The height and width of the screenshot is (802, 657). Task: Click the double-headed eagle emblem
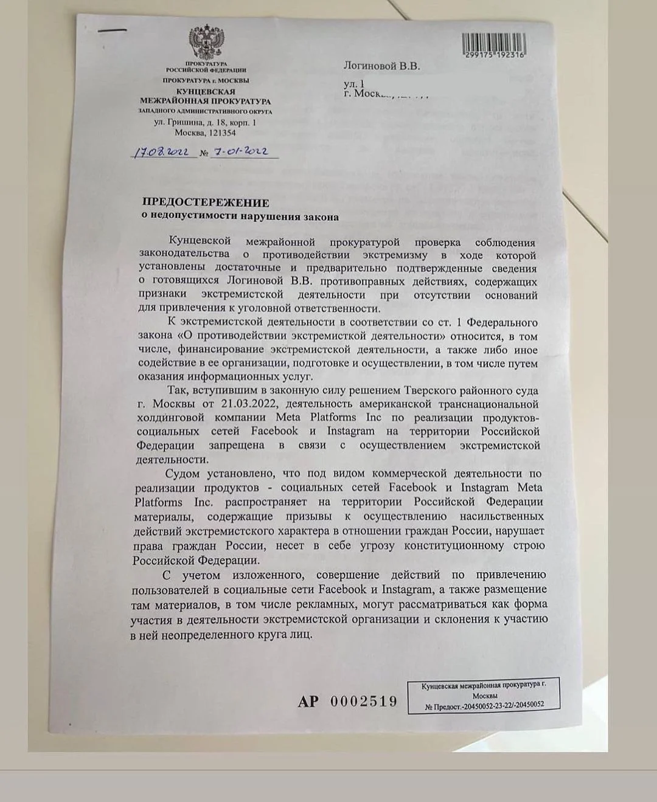pyautogui.click(x=205, y=43)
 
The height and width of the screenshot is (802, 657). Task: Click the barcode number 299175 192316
pyautogui.click(x=493, y=55)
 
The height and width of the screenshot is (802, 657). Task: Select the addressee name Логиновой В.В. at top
pyautogui.click(x=381, y=66)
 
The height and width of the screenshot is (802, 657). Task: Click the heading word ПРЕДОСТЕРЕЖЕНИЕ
pyautogui.click(x=206, y=202)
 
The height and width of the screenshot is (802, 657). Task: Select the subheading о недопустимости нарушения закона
pyautogui.click(x=240, y=216)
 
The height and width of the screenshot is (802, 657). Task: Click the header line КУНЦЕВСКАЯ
pyautogui.click(x=206, y=91)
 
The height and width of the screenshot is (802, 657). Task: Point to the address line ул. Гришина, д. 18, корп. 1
pyautogui.click(x=205, y=122)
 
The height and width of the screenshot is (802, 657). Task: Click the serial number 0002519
pyautogui.click(x=364, y=701)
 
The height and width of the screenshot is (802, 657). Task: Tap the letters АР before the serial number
pyautogui.click(x=308, y=702)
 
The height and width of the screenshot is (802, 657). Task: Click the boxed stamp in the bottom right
pyautogui.click(x=484, y=695)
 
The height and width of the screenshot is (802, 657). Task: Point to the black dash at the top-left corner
pyautogui.click(x=112, y=30)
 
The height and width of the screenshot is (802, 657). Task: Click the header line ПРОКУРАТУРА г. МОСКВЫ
pyautogui.click(x=206, y=80)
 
